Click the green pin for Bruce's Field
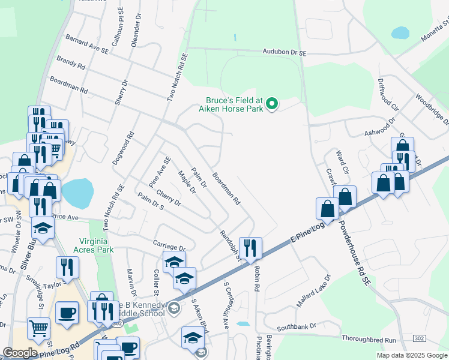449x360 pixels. (x=272, y=104)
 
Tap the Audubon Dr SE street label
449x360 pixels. (x=285, y=53)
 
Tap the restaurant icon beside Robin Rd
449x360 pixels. (x=250, y=247)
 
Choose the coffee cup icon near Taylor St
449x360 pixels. (x=67, y=312)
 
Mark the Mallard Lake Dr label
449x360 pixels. (x=313, y=290)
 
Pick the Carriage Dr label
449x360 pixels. (x=169, y=247)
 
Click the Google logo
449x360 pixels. (x=20, y=353)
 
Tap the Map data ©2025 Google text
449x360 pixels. (x=411, y=355)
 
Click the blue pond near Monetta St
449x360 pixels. (x=399, y=32)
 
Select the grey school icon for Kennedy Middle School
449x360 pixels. (x=173, y=308)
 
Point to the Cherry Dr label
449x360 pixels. (x=168, y=198)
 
